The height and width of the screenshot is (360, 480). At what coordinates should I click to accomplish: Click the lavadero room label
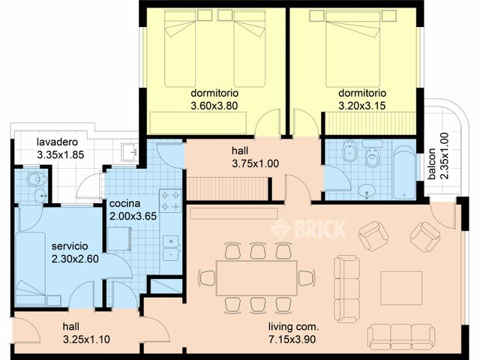(57, 142)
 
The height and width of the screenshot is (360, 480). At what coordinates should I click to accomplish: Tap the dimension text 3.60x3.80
(214, 106)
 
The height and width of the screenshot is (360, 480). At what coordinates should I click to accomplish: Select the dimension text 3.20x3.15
(361, 106)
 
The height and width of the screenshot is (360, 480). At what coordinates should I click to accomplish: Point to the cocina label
(125, 203)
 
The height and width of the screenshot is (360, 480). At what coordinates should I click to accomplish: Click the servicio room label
(70, 246)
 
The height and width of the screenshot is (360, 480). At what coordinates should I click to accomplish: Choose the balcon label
(432, 163)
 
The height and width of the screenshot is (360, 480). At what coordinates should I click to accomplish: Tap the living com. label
(293, 327)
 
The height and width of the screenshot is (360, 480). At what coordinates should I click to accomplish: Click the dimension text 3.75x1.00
(256, 163)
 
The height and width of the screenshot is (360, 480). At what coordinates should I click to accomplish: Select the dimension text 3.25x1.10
(87, 340)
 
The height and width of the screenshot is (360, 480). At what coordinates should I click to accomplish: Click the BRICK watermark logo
(308, 229)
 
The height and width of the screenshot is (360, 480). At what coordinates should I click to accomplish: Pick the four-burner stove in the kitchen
(170, 201)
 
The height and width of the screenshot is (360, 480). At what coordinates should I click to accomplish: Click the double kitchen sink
(170, 247)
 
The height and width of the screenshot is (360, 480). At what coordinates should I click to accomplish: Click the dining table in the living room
(256, 278)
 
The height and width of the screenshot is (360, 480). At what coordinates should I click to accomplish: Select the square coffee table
(402, 288)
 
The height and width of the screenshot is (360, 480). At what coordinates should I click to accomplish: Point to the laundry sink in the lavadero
(130, 151)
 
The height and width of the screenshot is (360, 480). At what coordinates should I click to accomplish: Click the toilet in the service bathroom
(37, 179)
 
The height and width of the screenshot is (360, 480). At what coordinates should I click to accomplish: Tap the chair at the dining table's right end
(307, 278)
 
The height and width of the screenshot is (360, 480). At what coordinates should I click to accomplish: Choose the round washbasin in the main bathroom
(367, 190)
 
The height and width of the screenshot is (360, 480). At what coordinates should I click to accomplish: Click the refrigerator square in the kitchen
(119, 238)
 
